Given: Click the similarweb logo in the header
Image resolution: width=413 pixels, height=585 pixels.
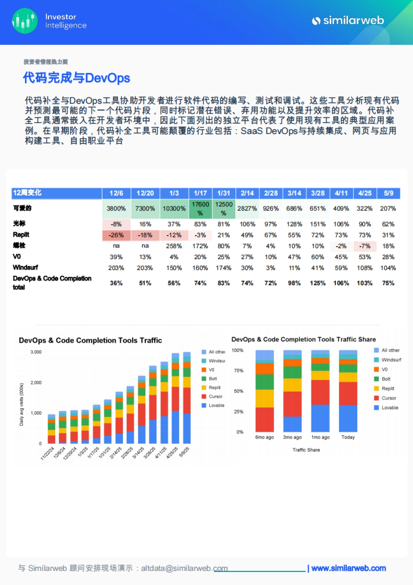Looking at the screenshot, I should [348, 21].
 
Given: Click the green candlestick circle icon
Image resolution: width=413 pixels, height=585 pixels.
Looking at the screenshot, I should [25, 21].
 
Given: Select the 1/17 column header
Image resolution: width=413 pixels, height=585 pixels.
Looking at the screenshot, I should [200, 193].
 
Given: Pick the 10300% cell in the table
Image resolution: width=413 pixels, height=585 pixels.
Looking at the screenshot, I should [174, 209].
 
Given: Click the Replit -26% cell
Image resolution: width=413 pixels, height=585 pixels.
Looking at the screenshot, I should [116, 235].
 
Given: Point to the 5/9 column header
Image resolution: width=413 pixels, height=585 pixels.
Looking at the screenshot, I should [389, 193].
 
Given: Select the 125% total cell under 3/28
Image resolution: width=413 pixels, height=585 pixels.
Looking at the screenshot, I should [318, 283].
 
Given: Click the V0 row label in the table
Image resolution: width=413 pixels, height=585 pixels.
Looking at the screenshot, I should [17, 257].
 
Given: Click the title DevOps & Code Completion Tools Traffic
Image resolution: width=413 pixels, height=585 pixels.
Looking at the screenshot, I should [90, 340].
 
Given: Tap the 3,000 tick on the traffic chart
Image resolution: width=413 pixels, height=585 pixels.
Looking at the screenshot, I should [36, 352].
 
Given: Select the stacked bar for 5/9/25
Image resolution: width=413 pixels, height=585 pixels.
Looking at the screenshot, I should [187, 398].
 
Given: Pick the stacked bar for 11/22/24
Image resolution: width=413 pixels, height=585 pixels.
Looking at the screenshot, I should [51, 429].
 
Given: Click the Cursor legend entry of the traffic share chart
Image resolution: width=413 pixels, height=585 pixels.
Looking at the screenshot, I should [389, 398].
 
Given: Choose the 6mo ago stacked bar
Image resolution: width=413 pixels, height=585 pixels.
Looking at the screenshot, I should [265, 391].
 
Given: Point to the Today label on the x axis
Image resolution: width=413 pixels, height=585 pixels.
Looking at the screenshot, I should [348, 437].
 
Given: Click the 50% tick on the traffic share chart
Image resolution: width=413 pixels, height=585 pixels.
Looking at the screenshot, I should [239, 391].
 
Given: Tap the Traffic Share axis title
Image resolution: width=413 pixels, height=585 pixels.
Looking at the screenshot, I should [306, 450].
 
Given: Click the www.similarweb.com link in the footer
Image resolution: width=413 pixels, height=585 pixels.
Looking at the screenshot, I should [348, 568].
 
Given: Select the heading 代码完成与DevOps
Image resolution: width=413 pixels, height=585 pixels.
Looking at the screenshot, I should [76, 78].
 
